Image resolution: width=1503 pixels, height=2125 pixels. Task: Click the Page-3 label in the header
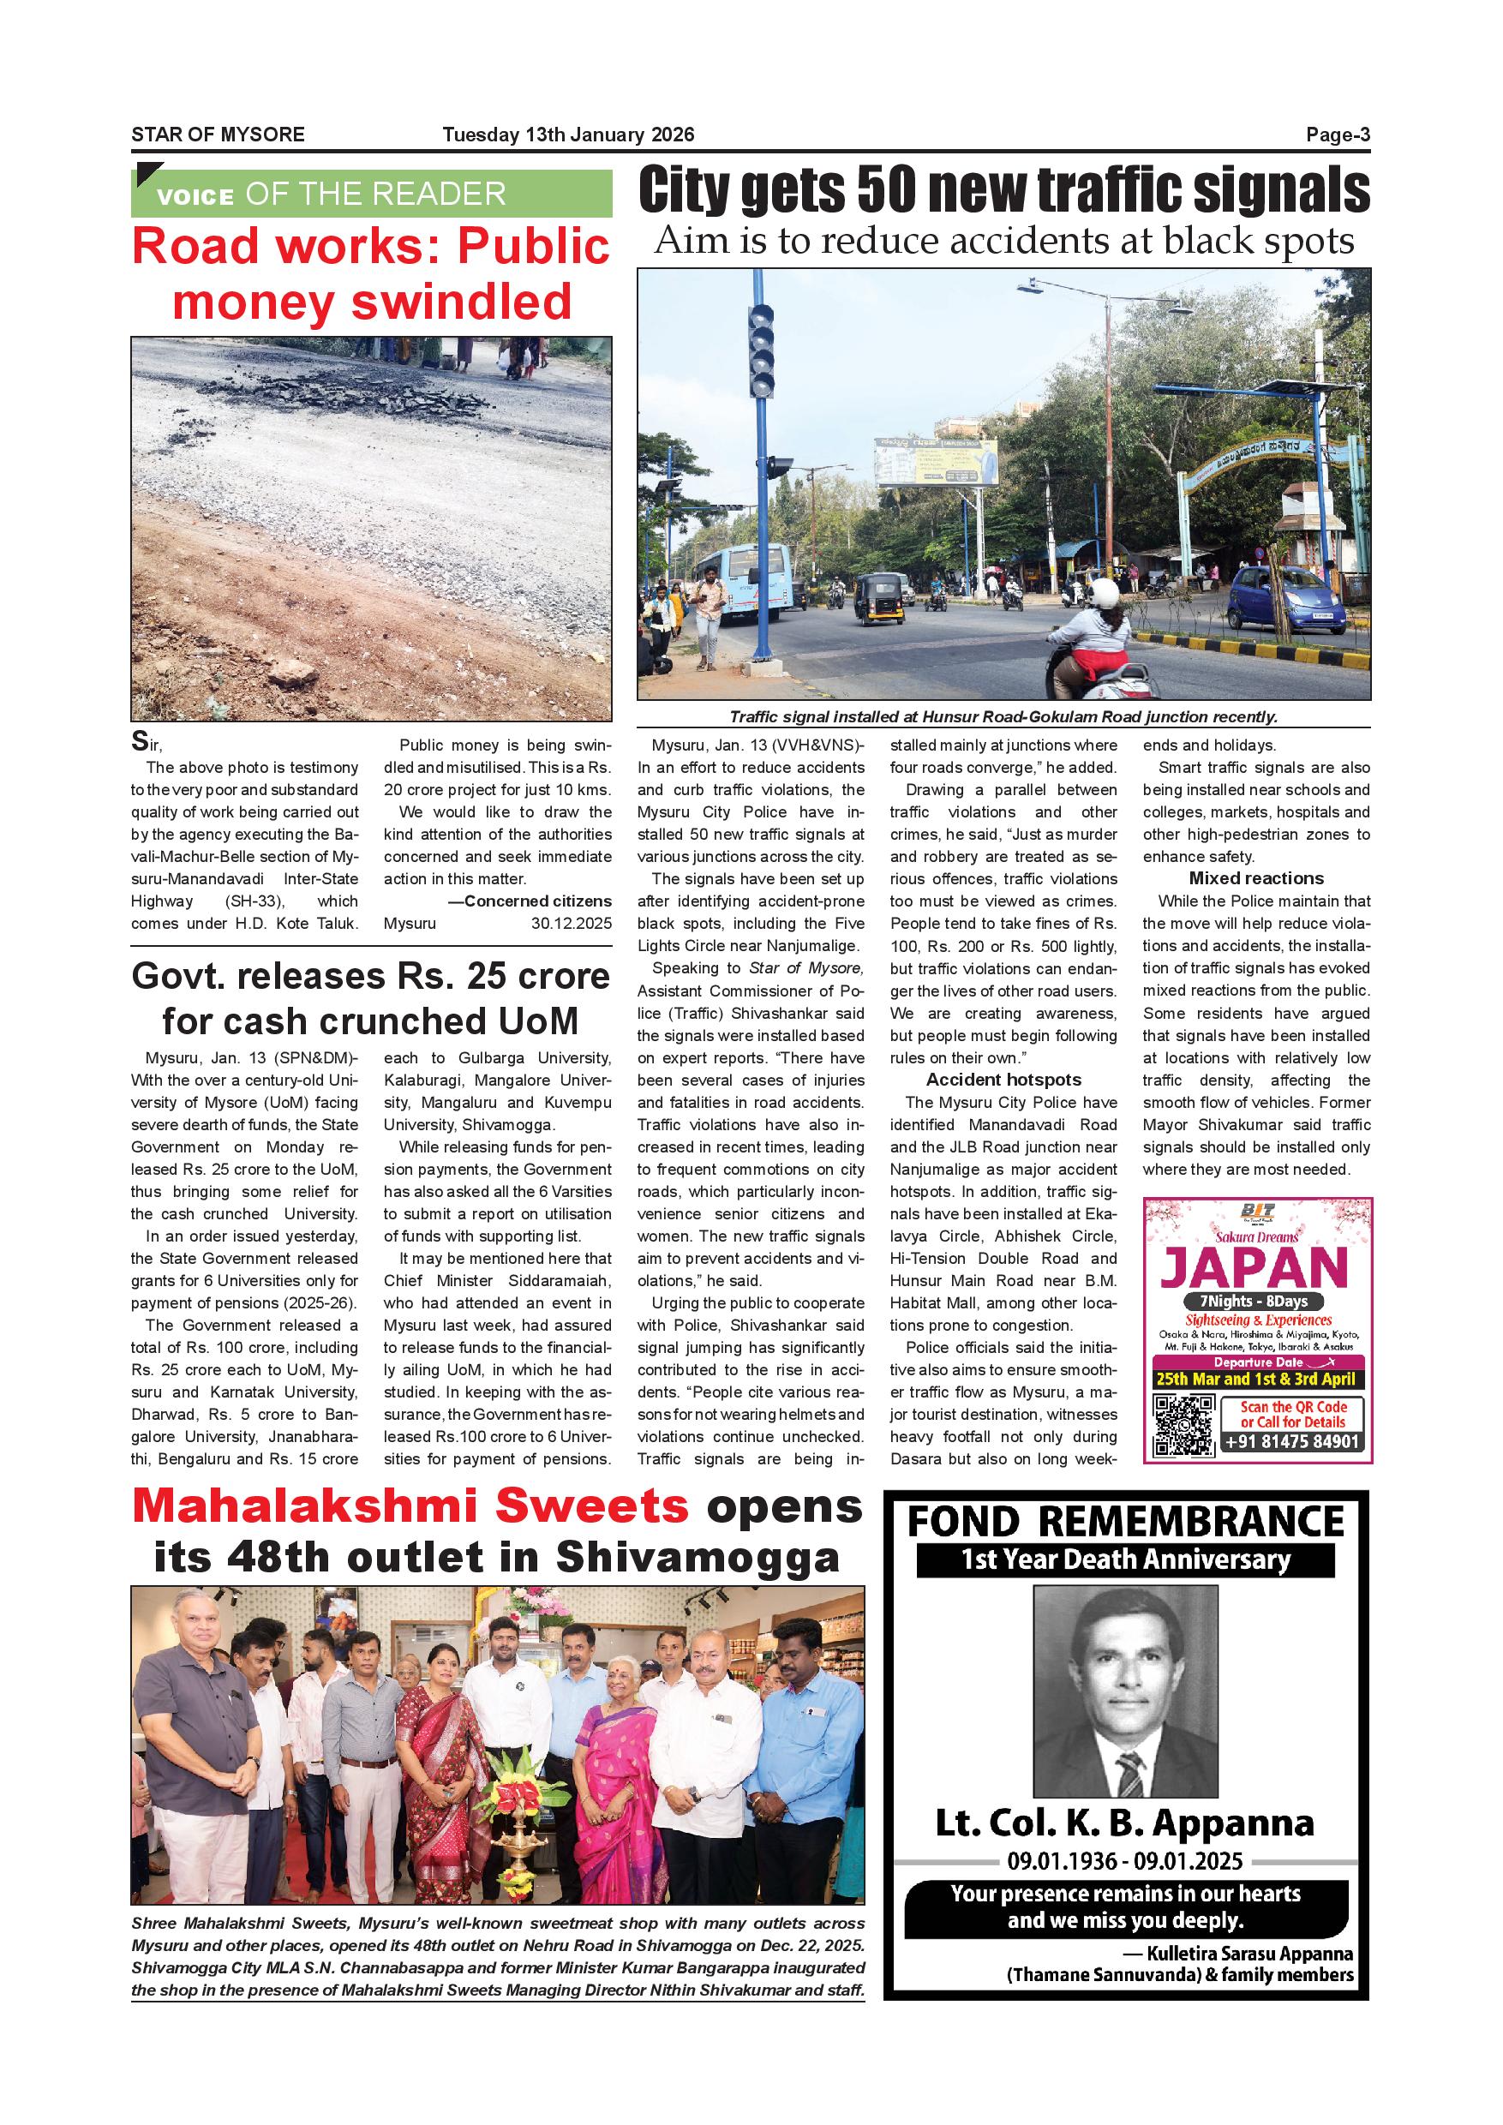[x=1338, y=135]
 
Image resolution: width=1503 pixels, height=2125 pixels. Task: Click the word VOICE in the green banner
[x=195, y=196]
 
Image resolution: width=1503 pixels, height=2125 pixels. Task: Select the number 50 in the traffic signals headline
[x=885, y=192]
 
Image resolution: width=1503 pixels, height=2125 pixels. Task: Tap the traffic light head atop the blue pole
[x=762, y=349]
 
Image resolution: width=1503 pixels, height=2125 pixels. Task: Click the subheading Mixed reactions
[x=1256, y=878]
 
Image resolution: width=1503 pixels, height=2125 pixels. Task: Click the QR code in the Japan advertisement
[x=1183, y=1424]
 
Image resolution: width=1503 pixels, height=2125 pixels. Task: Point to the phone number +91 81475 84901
[x=1292, y=1442]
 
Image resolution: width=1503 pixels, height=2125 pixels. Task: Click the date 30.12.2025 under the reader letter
[x=571, y=924]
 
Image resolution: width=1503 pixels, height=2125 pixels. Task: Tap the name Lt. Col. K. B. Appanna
[x=1124, y=1824]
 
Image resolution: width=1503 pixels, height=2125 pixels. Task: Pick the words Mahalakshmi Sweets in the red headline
[x=410, y=1508]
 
